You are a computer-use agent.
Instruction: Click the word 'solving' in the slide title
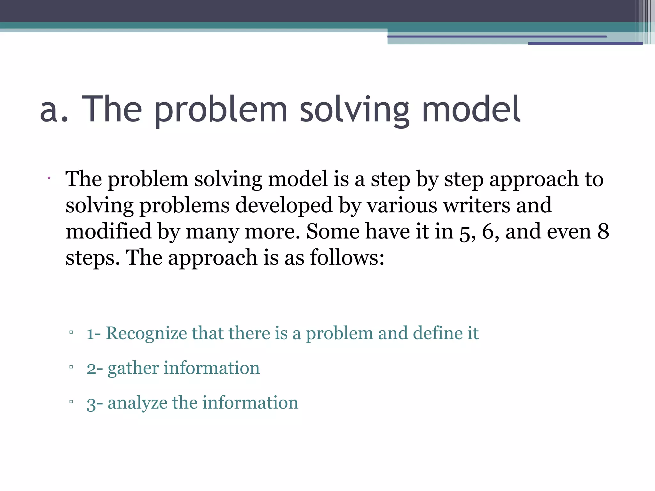[354, 110]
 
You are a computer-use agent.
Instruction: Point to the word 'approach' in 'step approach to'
[534, 180]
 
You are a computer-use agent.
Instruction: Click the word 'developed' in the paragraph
[284, 205]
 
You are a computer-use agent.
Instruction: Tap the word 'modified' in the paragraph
[108, 231]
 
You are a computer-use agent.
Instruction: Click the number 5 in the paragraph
[465, 232]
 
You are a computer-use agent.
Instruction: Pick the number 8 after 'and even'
[603, 231]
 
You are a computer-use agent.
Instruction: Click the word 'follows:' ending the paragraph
[347, 258]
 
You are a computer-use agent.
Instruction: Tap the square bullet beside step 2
[71, 367]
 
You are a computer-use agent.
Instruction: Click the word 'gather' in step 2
[133, 369]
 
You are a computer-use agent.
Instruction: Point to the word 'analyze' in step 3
[137, 403]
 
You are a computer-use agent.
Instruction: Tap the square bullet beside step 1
[71, 332]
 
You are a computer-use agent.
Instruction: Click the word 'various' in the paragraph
[402, 205]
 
